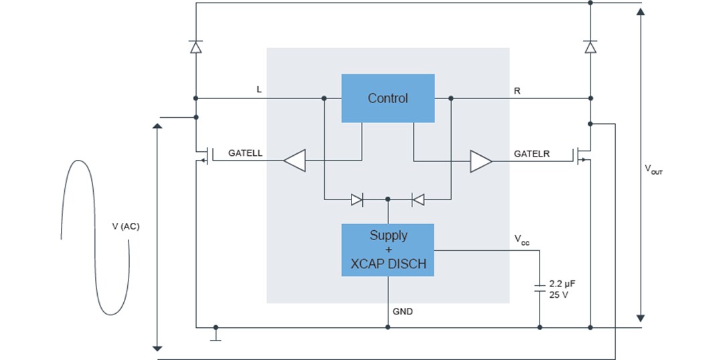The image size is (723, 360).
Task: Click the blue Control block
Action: (388, 98)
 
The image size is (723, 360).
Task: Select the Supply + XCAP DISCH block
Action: (388, 250)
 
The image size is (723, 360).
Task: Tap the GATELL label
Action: (245, 153)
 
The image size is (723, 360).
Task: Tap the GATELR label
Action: (532, 154)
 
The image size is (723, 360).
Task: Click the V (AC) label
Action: (126, 226)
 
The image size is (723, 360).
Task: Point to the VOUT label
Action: (653, 170)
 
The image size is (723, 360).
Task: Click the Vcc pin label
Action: (521, 239)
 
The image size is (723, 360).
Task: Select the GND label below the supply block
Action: (402, 311)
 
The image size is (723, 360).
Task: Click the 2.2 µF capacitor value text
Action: (562, 284)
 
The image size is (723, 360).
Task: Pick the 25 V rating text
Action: (558, 294)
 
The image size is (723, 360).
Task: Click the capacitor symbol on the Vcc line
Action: (540, 288)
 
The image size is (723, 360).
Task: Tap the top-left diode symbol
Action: (195, 47)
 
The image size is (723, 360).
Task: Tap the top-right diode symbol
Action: (590, 47)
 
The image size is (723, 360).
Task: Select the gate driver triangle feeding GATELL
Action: (294, 161)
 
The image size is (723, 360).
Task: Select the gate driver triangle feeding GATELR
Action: (481, 161)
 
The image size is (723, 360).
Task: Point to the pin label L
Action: (259, 89)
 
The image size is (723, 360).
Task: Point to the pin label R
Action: (517, 90)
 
